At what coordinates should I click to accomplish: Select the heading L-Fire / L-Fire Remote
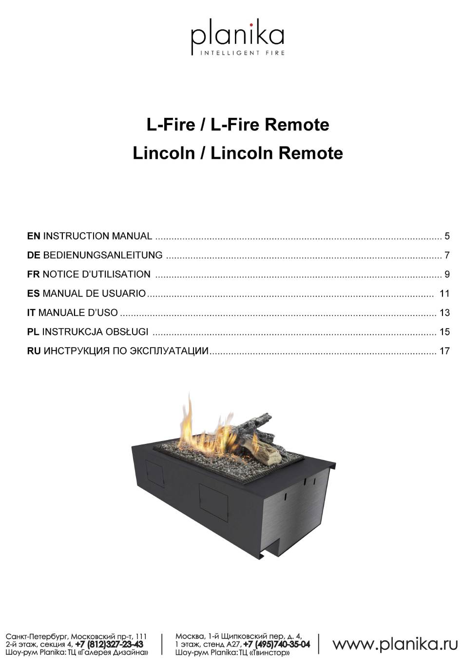point(238,125)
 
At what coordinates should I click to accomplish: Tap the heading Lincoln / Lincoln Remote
point(238,153)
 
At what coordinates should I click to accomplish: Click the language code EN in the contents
point(34,236)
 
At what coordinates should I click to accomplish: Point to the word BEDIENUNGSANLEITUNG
point(103,255)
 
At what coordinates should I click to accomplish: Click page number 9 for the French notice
point(447,275)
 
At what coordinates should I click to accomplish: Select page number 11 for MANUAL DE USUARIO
point(445,294)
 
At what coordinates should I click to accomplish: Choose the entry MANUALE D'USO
point(78,313)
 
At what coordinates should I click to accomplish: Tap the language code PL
point(33,332)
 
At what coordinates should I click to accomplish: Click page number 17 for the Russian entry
point(445,351)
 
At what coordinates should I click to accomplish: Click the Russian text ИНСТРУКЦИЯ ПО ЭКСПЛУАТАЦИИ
point(126,351)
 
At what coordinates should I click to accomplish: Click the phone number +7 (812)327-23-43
point(109,645)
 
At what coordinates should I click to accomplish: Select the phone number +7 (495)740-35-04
point(277,644)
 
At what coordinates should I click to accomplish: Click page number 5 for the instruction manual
point(447,236)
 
